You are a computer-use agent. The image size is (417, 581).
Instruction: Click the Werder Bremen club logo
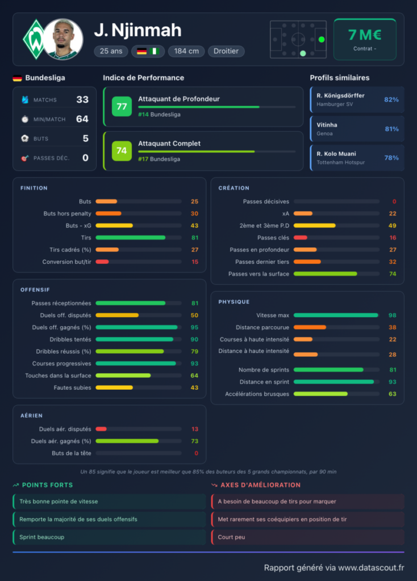click(35, 39)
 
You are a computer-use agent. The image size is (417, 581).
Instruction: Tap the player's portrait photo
click(62, 39)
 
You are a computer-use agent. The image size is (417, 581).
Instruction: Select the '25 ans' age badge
click(111, 51)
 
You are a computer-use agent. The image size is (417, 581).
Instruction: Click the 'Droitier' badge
click(226, 51)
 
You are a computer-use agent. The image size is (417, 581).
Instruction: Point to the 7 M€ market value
click(365, 35)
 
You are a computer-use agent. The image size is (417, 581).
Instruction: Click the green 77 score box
click(122, 106)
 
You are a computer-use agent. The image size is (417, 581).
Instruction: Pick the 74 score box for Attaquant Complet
click(122, 151)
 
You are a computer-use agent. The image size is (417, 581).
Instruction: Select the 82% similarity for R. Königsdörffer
click(391, 100)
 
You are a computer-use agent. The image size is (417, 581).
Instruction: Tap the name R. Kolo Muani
click(336, 154)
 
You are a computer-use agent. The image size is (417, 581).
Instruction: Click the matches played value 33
click(82, 100)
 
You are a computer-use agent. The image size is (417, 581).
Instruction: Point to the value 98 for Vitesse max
click(392, 315)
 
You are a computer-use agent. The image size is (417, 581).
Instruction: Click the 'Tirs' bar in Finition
click(131, 238)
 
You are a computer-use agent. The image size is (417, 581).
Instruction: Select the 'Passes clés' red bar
click(301, 238)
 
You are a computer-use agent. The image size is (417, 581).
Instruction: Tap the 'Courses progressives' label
click(61, 364)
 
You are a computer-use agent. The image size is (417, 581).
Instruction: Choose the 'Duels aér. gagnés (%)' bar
click(127, 441)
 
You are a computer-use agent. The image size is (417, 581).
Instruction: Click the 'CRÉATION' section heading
click(233, 188)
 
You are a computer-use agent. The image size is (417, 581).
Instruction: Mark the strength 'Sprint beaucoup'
click(41, 537)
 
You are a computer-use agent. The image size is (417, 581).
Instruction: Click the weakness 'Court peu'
click(231, 537)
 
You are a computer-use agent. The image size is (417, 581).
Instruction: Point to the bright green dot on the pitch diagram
click(322, 39)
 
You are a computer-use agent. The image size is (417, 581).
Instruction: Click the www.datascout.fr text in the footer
click(371, 567)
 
